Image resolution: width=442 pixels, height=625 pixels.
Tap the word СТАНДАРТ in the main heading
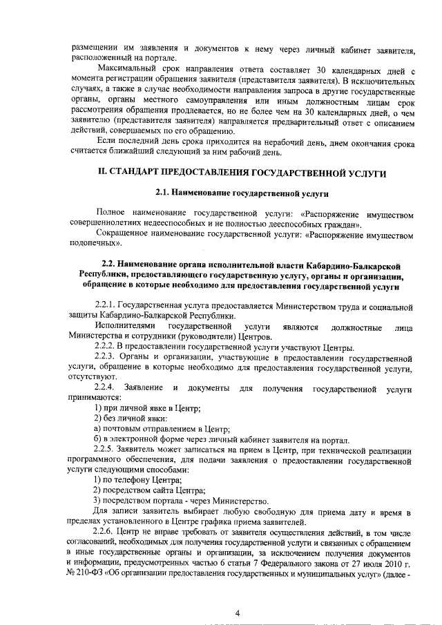click(138, 173)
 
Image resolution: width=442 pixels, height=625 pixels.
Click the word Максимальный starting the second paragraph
click(126, 70)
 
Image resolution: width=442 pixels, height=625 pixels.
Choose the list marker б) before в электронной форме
click(97, 440)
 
